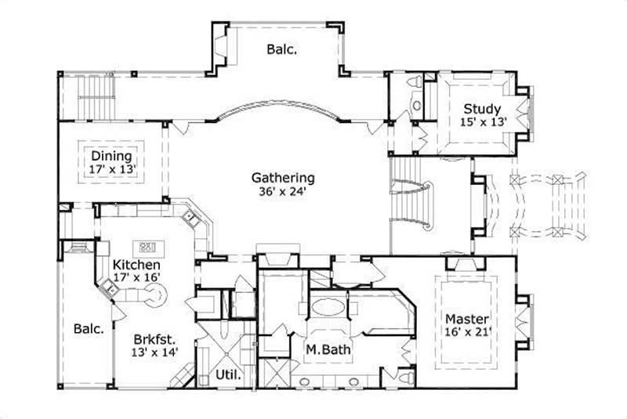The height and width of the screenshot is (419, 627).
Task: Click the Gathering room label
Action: [x=283, y=178]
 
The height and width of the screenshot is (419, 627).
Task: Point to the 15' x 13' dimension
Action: [x=484, y=121]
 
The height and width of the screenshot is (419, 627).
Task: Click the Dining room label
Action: [x=111, y=155]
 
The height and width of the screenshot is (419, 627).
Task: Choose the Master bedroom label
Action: [x=467, y=320]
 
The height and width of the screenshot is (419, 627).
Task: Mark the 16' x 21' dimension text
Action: [x=467, y=333]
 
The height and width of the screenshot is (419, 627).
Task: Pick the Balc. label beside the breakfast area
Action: [x=89, y=329]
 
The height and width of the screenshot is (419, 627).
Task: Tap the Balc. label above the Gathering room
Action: [x=281, y=49]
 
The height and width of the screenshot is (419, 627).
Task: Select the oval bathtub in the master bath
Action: [x=327, y=305]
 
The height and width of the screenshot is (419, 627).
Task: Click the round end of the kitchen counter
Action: [x=159, y=296]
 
